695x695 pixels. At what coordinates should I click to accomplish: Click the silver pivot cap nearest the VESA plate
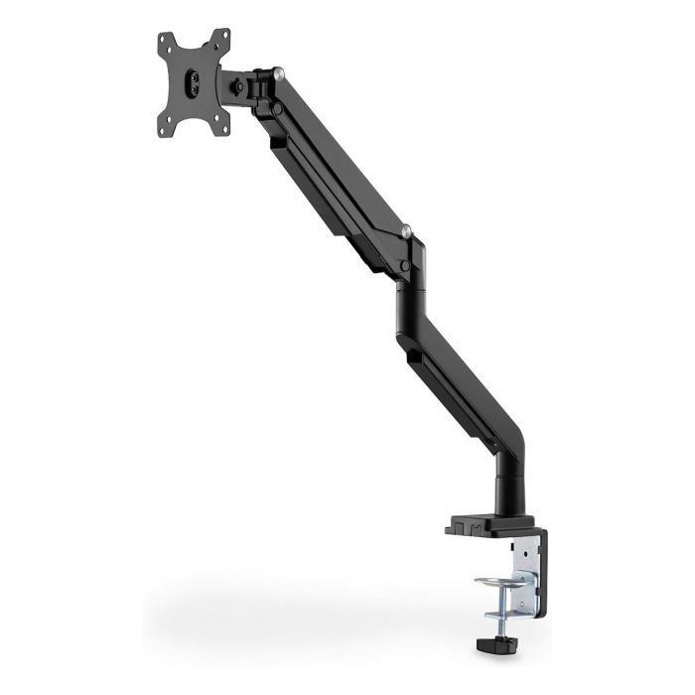pyautogui.click(x=284, y=72)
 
